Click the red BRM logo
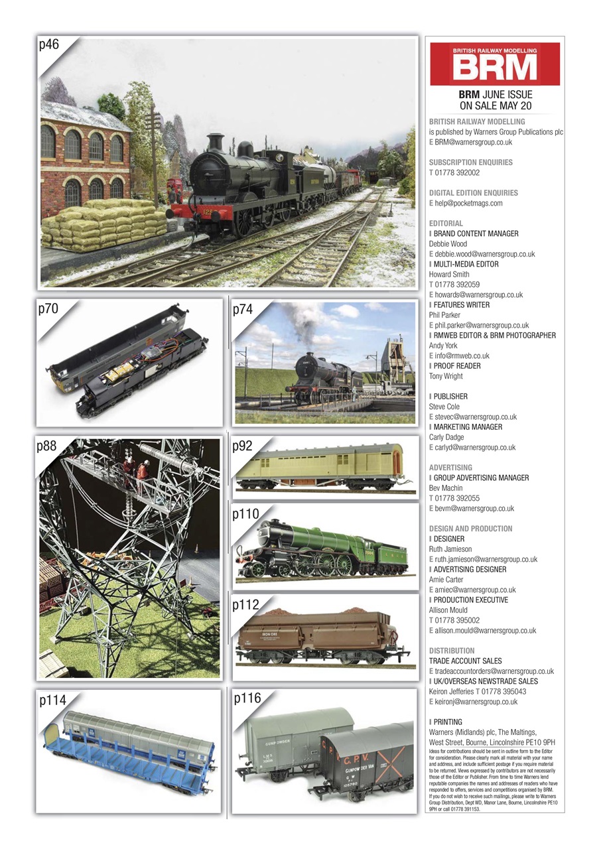pyautogui.click(x=494, y=64)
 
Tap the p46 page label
pyautogui.click(x=50, y=46)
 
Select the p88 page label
pyautogui.click(x=47, y=447)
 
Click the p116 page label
pyautogui.click(x=247, y=698)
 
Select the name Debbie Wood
pyautogui.click(x=448, y=244)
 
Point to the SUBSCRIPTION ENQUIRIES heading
pyautogui.click(x=470, y=163)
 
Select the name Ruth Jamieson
pyautogui.click(x=451, y=549)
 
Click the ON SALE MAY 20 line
pyautogui.click(x=495, y=106)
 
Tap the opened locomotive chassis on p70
pyautogui.click(x=129, y=361)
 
